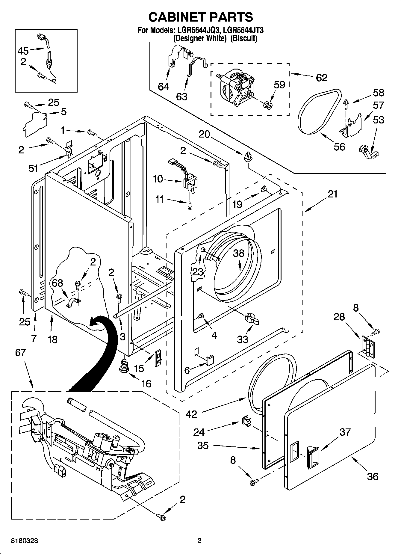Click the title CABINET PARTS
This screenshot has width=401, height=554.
(x=200, y=17)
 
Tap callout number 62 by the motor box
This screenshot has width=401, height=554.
(x=321, y=78)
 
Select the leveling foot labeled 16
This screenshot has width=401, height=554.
(x=124, y=366)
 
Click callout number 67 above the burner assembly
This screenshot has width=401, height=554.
(x=20, y=353)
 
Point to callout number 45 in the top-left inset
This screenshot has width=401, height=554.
(x=23, y=51)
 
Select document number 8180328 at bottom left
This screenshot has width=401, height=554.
(x=25, y=541)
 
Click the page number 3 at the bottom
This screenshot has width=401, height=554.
(x=199, y=541)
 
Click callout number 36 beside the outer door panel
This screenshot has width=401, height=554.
(x=373, y=476)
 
